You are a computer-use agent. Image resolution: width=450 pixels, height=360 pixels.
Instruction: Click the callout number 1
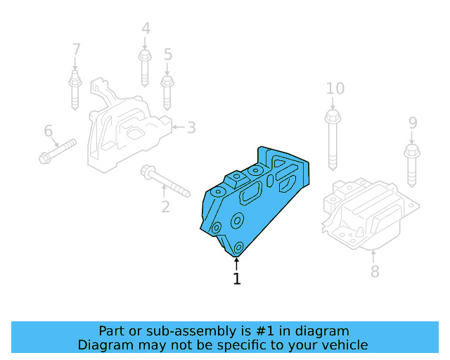236,279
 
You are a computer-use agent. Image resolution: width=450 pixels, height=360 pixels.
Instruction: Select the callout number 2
165,207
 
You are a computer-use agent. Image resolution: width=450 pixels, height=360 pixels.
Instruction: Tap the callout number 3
191,127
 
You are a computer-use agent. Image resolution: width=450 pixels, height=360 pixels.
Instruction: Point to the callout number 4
146,29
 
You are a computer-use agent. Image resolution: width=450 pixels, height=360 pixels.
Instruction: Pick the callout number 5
167,54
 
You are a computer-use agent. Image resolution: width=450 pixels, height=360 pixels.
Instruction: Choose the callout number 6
49,131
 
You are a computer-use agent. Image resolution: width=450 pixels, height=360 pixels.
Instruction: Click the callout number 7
76,50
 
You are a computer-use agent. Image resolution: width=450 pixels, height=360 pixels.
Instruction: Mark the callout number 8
375,271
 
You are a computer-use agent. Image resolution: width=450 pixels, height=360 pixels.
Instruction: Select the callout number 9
413,124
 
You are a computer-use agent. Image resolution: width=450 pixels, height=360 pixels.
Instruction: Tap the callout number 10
335,89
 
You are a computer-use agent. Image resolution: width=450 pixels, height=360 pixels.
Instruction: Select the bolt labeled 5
167,91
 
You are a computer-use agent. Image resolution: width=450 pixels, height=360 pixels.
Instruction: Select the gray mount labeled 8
369,214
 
